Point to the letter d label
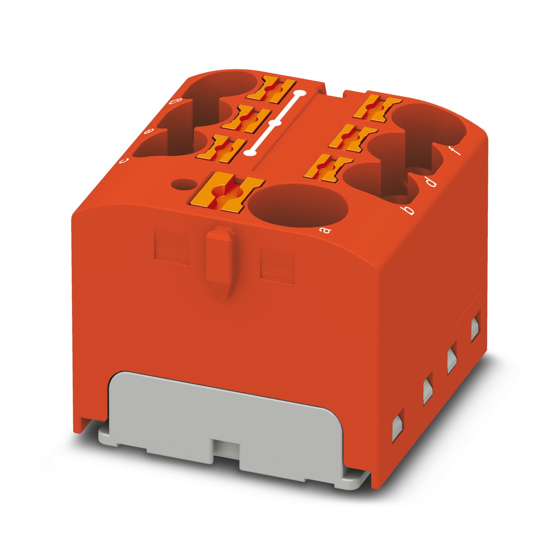tap(431, 183)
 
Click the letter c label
tap(123, 161)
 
